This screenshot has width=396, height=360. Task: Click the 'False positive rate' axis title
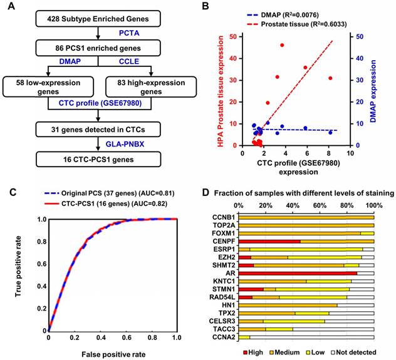pos(113,354)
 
